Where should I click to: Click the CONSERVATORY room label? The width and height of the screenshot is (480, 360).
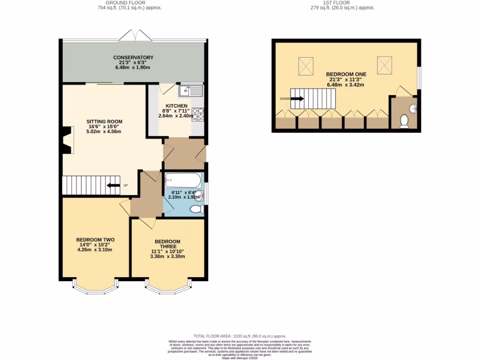pyautogui.click(x=133, y=58)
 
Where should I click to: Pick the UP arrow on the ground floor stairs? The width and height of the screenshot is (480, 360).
pyautogui.click(x=113, y=185)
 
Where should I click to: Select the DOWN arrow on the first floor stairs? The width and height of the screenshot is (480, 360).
pyautogui.click(x=297, y=99)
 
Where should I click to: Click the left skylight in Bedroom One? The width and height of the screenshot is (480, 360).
pyautogui.click(x=306, y=65)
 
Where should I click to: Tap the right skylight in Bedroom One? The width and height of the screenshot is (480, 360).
pyautogui.click(x=384, y=64)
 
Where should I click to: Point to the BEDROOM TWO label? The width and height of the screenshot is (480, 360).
pyautogui.click(x=95, y=240)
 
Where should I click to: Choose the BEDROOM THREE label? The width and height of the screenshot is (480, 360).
pyautogui.click(x=167, y=244)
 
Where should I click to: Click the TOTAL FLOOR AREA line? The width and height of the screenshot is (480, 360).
pyautogui.click(x=240, y=337)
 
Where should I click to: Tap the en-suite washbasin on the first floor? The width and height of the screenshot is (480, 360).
pyautogui.click(x=413, y=109)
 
